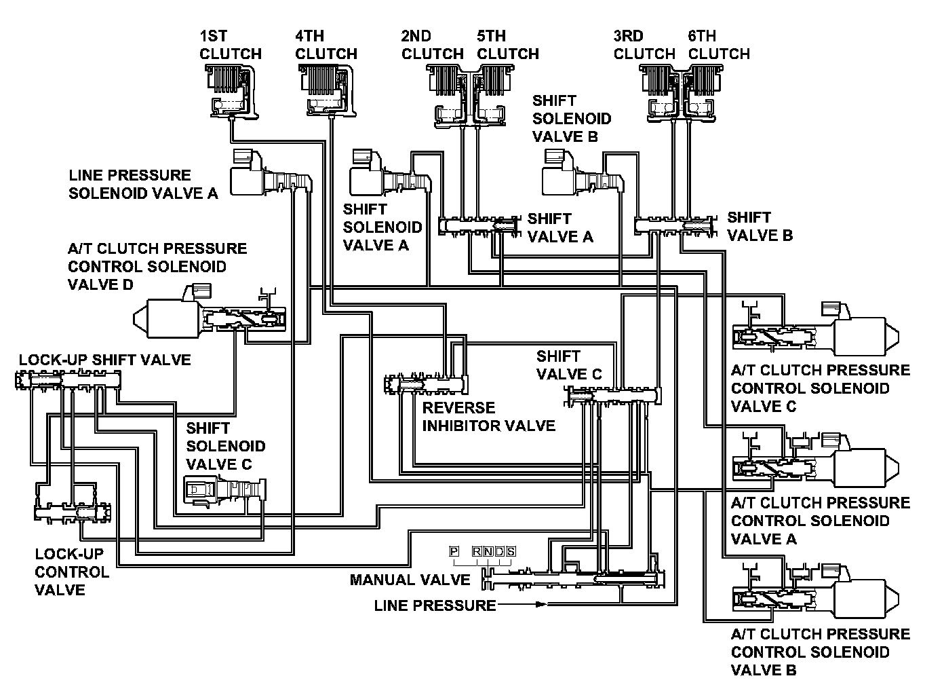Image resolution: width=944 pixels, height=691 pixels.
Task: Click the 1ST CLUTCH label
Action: tap(231, 45)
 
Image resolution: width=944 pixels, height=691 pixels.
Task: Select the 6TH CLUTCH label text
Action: tap(719, 45)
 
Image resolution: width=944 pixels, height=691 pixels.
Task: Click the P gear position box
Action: tap(454, 551)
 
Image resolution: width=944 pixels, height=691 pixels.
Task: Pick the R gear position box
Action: tap(477, 551)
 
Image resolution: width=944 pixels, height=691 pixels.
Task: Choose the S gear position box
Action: tap(511, 551)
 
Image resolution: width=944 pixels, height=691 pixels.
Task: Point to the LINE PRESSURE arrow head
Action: tap(541, 604)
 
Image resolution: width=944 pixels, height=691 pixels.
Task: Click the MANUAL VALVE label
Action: tap(410, 580)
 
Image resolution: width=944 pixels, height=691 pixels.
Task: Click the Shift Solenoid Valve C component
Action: tap(224, 491)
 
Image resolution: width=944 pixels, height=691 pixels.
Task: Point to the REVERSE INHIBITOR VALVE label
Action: tap(489, 417)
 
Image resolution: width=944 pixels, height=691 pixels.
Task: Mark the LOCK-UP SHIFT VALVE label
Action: tap(105, 360)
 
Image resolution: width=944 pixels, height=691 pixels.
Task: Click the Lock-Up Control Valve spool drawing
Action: tap(73, 512)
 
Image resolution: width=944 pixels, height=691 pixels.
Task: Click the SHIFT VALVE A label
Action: tap(560, 228)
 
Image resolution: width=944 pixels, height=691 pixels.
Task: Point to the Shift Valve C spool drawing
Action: tap(613, 396)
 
